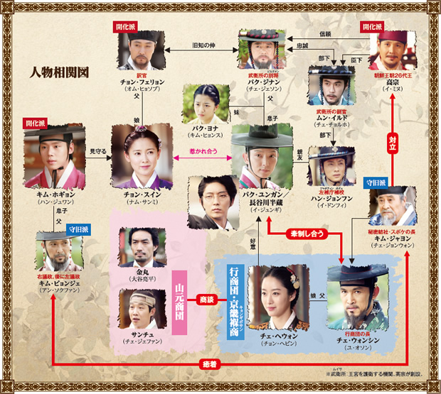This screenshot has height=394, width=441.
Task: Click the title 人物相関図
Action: (58, 72)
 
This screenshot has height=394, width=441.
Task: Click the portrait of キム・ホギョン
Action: (53, 160)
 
